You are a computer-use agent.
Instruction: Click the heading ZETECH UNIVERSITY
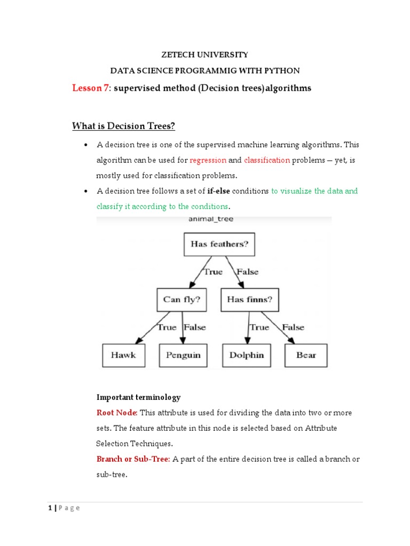coord(205,54)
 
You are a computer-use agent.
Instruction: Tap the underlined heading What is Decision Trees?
coord(123,126)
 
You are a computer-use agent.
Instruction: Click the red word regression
coord(208,160)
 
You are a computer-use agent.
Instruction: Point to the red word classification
coord(267,160)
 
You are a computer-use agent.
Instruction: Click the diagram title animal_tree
coord(211,219)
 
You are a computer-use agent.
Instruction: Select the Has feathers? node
coord(219,245)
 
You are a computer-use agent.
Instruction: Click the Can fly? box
coord(182,300)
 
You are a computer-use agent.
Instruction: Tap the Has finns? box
coord(249,300)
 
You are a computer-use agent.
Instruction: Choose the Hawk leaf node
coord(123,355)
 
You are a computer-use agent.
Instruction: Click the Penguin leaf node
coord(183,355)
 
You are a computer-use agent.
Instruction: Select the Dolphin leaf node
coord(247,355)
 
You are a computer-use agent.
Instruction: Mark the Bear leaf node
coord(306,355)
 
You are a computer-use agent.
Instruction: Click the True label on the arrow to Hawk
coord(167,327)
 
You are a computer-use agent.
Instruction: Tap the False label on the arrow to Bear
coord(293,327)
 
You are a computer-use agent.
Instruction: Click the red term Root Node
coord(117,413)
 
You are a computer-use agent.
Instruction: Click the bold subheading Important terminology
coord(138,397)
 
